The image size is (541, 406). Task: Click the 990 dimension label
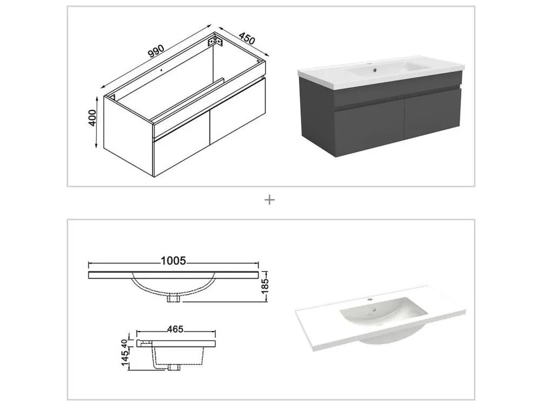(x=156, y=51)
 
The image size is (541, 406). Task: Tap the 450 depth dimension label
(x=247, y=38)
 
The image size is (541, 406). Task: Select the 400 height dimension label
(x=93, y=117)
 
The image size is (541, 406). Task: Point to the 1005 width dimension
(x=173, y=261)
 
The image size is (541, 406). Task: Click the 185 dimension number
(x=265, y=286)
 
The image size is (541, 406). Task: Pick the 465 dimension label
(x=175, y=329)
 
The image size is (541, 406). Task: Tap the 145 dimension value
(x=125, y=356)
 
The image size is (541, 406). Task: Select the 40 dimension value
(x=124, y=344)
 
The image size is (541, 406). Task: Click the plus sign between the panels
(x=269, y=200)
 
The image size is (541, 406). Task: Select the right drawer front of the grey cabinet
(x=433, y=114)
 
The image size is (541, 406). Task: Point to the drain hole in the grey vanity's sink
(x=374, y=71)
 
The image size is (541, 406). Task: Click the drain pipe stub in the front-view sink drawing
(x=174, y=298)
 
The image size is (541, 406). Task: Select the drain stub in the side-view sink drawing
(x=174, y=367)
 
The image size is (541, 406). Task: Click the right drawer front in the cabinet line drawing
(x=237, y=113)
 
